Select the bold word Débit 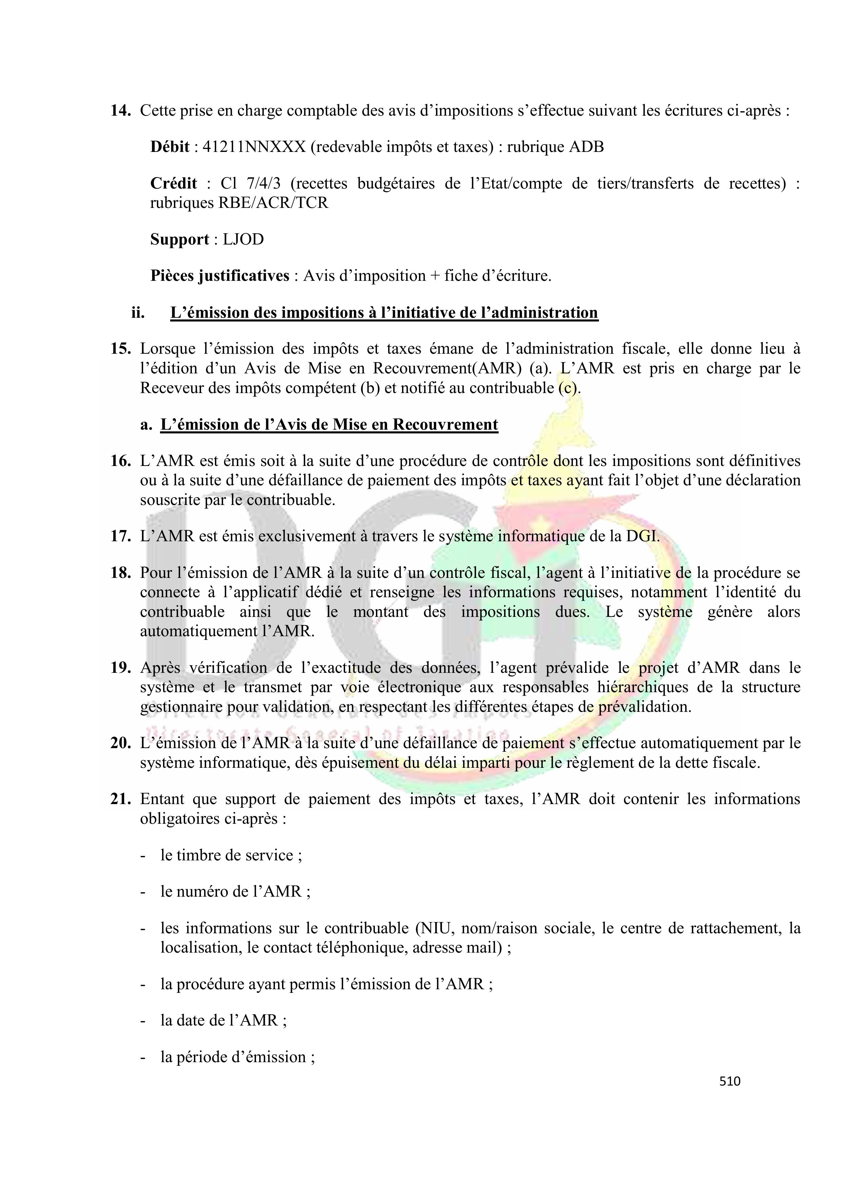[x=169, y=147]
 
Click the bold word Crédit [x=173, y=183]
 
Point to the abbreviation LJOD [x=243, y=239]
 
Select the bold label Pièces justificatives [x=220, y=276]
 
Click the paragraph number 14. [x=120, y=111]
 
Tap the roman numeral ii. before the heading [x=138, y=313]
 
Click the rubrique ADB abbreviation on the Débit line [x=586, y=147]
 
